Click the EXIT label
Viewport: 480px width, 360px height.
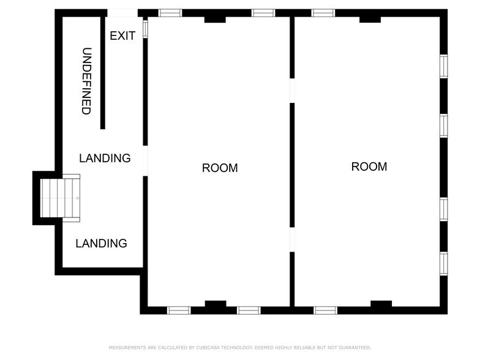click(122, 36)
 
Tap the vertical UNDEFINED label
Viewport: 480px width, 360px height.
click(86, 81)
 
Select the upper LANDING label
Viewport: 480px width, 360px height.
click(105, 158)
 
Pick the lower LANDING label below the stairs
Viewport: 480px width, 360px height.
click(101, 243)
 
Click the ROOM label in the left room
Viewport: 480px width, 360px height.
click(220, 168)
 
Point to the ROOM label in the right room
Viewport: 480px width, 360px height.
click(369, 167)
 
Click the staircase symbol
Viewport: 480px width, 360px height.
click(60, 198)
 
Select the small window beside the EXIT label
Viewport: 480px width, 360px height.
click(145, 29)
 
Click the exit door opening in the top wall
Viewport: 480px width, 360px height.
click(122, 13)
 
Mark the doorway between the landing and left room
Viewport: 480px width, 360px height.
click(145, 161)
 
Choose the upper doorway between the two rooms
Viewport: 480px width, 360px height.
click(292, 91)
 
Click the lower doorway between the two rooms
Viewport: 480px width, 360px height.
click(292, 239)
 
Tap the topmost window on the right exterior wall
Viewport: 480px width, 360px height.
click(443, 66)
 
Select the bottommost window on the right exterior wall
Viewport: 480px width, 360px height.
click(443, 263)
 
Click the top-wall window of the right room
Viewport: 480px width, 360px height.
click(323, 13)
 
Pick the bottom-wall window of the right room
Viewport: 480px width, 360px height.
click(325, 310)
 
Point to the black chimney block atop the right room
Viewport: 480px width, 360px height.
click(370, 19)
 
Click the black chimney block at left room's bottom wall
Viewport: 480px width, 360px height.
click(215, 304)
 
